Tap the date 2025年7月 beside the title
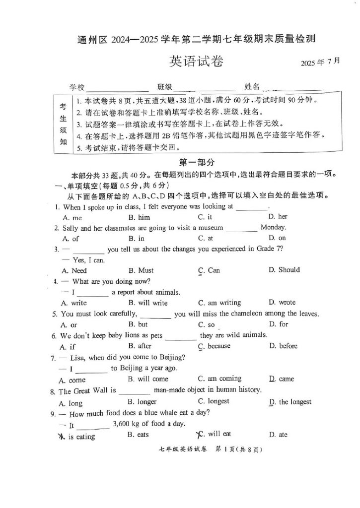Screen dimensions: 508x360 (x=321, y=62)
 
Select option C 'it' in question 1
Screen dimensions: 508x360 (x=205, y=217)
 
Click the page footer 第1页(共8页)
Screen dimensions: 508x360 (x=239, y=450)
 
